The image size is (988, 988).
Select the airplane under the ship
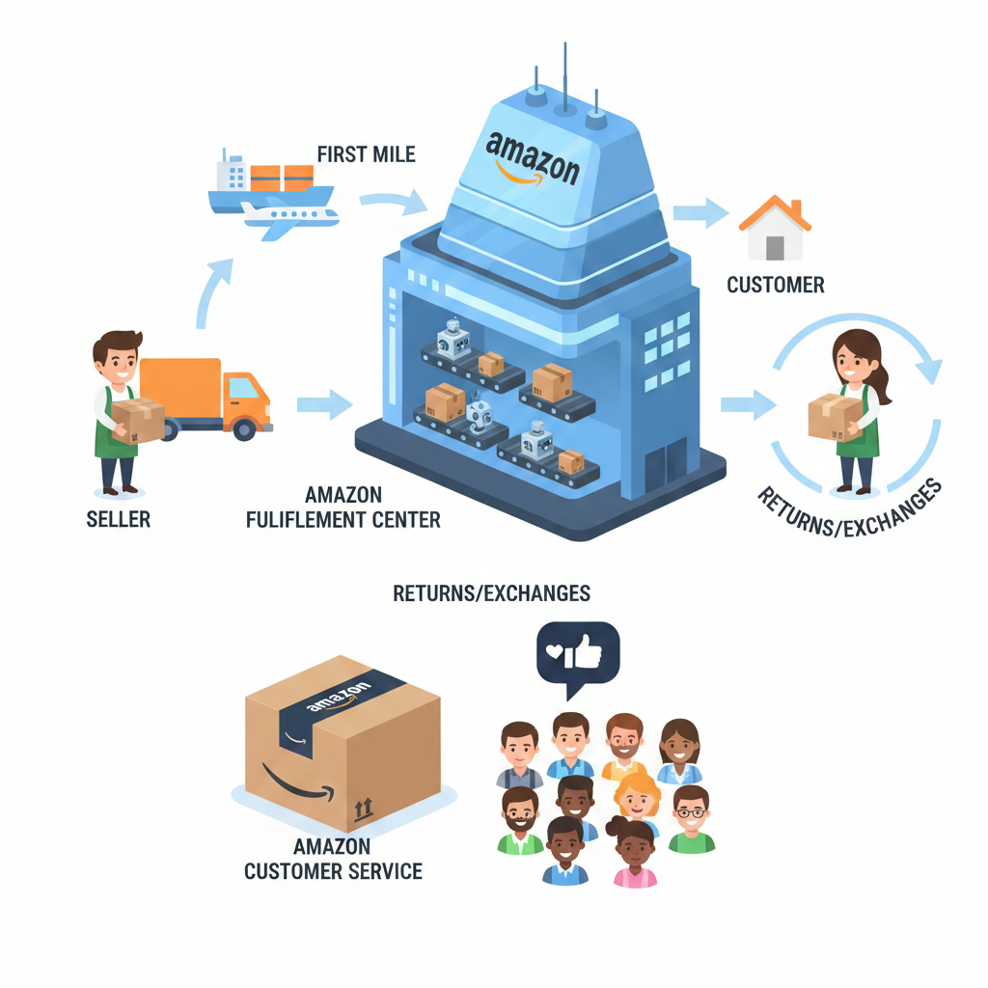coord(289,220)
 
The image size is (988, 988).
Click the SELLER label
coord(118,520)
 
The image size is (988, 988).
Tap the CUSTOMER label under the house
coord(775,285)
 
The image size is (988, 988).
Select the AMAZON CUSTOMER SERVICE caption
coord(333,859)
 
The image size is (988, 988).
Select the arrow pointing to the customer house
coord(700,212)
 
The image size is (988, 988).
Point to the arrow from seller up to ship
coord(214,289)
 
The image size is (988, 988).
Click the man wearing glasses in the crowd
coord(690,818)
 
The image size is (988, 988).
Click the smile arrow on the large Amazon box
coord(289,782)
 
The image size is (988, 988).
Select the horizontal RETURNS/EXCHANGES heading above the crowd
coord(491,592)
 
